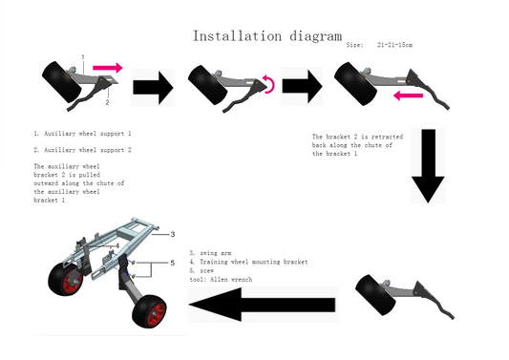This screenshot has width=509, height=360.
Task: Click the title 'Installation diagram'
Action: tap(267, 36)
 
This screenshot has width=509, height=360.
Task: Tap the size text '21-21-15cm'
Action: tap(394, 45)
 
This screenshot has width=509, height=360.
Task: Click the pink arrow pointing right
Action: tap(108, 68)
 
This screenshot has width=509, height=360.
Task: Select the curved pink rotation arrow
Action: tap(270, 84)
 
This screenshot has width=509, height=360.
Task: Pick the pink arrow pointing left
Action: tap(408, 95)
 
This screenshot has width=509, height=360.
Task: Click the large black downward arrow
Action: tap(428, 166)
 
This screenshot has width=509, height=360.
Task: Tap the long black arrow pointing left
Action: tap(262, 305)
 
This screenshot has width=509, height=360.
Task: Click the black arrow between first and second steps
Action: tap(153, 88)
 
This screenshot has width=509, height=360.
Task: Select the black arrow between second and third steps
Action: tap(302, 87)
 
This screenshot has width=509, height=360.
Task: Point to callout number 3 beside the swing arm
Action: tap(173, 234)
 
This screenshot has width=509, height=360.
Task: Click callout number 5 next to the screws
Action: tap(172, 263)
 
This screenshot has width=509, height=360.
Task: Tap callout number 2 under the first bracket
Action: tap(107, 102)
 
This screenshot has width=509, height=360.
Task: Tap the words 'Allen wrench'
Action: tap(231, 279)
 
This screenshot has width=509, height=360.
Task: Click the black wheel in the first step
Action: tap(62, 82)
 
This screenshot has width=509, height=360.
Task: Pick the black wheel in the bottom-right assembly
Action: tap(375, 295)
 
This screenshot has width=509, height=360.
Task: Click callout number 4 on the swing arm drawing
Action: tap(117, 245)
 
